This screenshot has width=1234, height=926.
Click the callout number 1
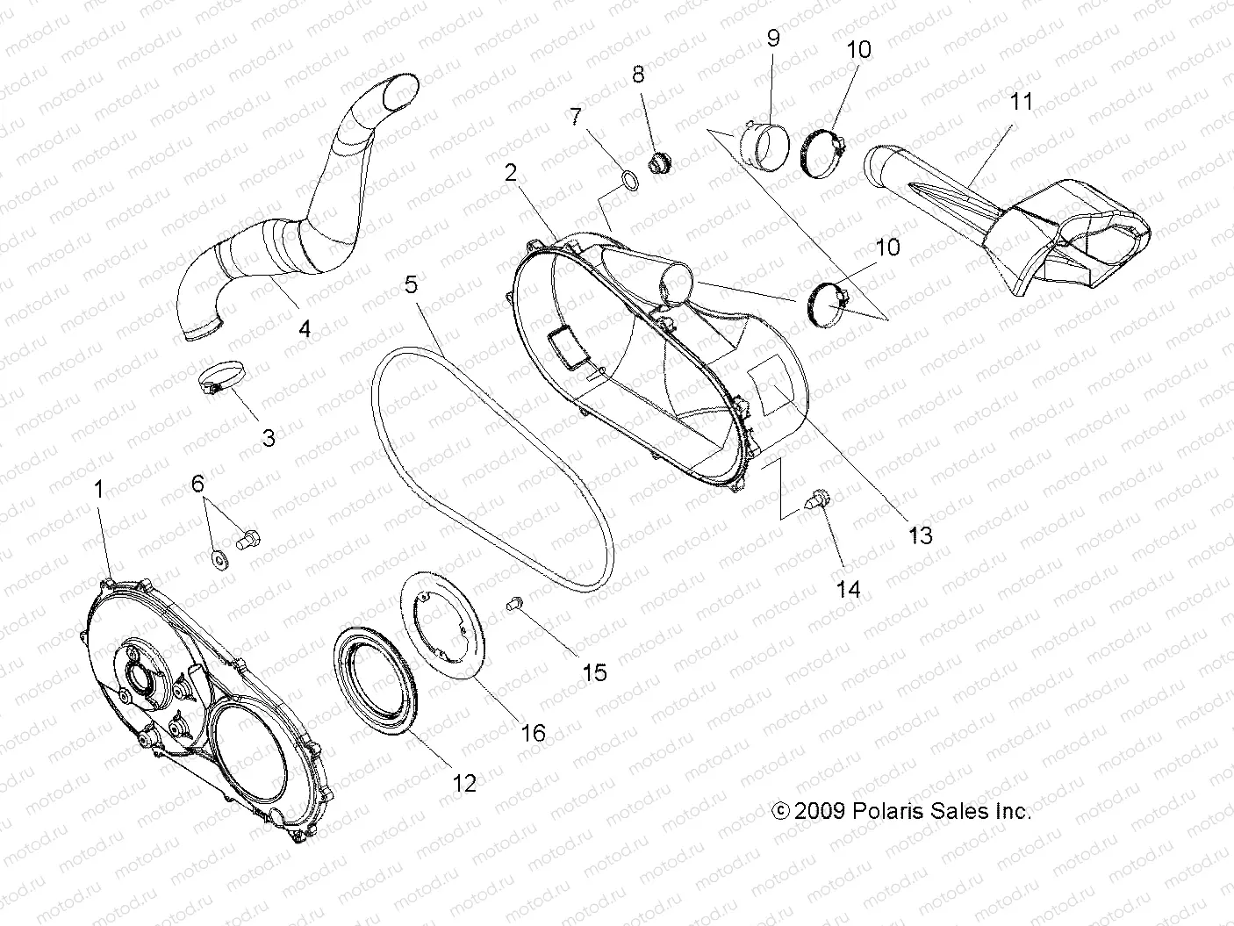tap(98, 490)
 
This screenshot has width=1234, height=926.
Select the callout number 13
tap(920, 534)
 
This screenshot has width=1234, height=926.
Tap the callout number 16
tap(533, 731)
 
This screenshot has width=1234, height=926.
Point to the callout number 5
tap(412, 284)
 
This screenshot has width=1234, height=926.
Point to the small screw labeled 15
tap(515, 603)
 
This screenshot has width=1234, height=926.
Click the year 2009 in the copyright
tap(820, 812)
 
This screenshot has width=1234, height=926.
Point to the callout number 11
tap(996, 102)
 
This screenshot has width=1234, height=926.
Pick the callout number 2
tap(510, 172)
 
